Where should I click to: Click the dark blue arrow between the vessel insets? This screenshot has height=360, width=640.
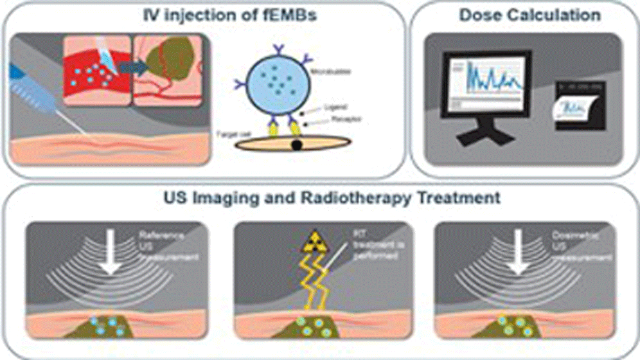134,64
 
